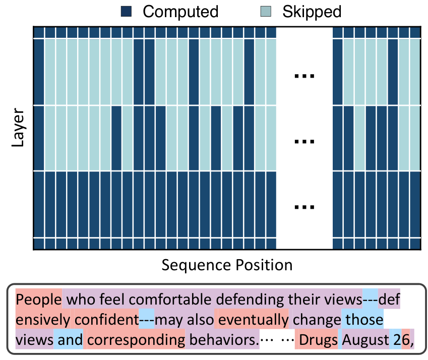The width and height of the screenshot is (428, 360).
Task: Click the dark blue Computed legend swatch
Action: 126,12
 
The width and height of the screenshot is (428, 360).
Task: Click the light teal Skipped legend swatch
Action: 266,12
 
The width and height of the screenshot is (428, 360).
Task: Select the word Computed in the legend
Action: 180,12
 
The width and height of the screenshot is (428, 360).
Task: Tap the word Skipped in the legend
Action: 312,12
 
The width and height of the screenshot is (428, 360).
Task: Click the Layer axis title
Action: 18,128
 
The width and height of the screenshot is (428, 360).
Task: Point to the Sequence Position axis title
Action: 227,265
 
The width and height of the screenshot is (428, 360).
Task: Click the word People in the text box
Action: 38,299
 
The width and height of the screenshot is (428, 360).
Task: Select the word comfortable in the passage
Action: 170,299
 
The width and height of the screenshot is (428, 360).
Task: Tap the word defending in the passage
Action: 250,299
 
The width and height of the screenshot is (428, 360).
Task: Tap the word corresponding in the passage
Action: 136,340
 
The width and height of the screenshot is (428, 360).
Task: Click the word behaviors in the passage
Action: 223,340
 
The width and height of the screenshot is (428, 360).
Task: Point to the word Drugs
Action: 318,340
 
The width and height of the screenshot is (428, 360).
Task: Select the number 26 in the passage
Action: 401,340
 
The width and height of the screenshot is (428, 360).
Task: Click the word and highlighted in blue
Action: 70,340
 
